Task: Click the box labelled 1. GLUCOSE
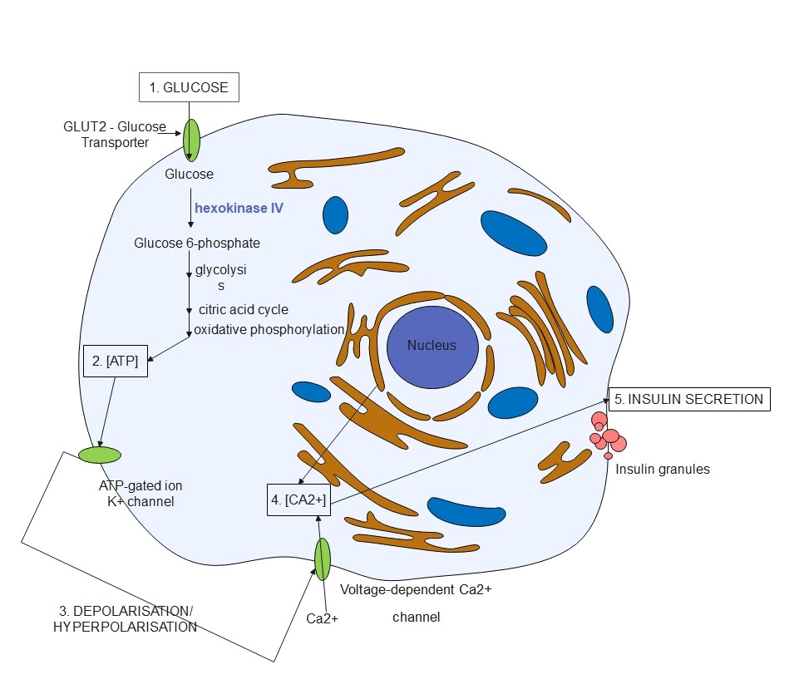[189, 86]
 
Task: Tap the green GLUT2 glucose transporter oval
[192, 139]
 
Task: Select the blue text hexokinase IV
[239, 209]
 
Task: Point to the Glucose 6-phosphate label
[197, 244]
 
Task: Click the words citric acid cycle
[243, 309]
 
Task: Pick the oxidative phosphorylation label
[269, 329]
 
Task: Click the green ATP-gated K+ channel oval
[100, 455]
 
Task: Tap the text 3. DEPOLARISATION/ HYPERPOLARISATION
[124, 619]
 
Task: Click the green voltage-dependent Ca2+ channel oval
[322, 559]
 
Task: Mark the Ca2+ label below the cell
[322, 618]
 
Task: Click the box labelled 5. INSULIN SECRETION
[689, 399]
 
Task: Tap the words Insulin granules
[663, 469]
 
